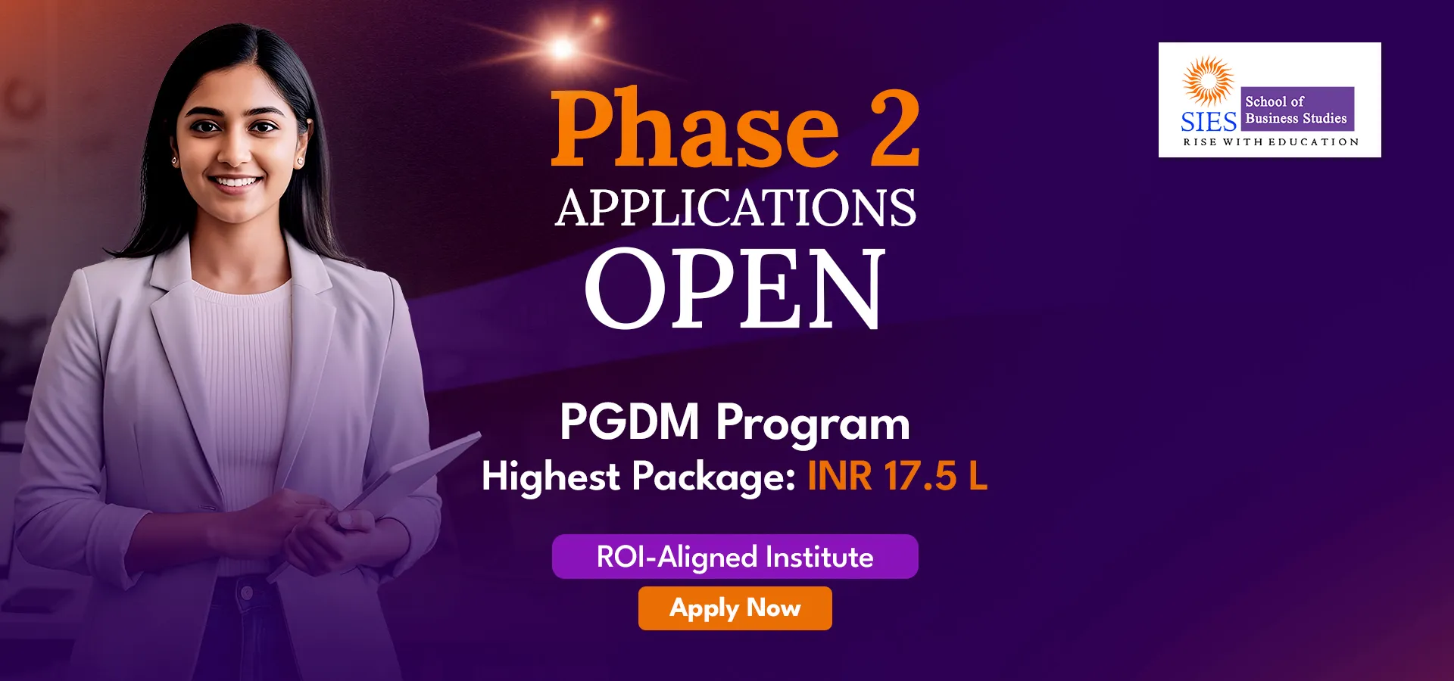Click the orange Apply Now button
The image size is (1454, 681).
coord(735,608)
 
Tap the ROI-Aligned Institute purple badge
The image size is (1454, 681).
coord(735,557)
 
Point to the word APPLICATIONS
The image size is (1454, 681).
coord(735,208)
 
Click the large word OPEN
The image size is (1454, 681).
coord(735,288)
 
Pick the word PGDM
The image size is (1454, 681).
coord(629,421)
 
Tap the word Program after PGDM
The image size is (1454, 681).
coord(813,424)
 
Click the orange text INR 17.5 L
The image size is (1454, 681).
coord(897,477)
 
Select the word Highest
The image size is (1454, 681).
coord(551,477)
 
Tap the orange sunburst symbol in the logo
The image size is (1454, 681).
coord(1209,80)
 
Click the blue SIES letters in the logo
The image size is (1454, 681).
coord(1209,122)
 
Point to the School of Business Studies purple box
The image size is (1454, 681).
coord(1297,109)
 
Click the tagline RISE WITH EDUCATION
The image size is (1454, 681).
coord(1271,141)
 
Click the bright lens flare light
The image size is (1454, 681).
coord(563,49)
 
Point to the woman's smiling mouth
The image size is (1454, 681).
coord(235,182)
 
